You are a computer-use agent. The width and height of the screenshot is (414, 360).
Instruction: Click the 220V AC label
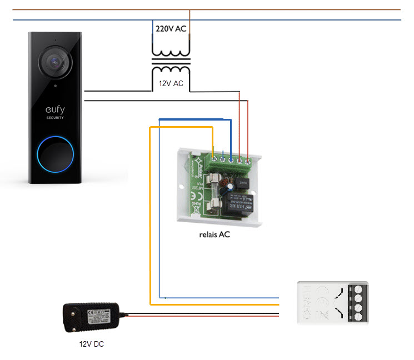pyautogui.click(x=171, y=29)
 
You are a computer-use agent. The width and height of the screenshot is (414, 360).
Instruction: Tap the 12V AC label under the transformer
pyautogui.click(x=171, y=83)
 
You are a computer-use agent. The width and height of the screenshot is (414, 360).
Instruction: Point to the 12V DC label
pyautogui.click(x=91, y=344)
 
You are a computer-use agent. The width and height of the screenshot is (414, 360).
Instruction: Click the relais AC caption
pyautogui.click(x=214, y=234)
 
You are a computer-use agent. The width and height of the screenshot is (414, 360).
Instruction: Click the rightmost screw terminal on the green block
pyautogui.click(x=247, y=161)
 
